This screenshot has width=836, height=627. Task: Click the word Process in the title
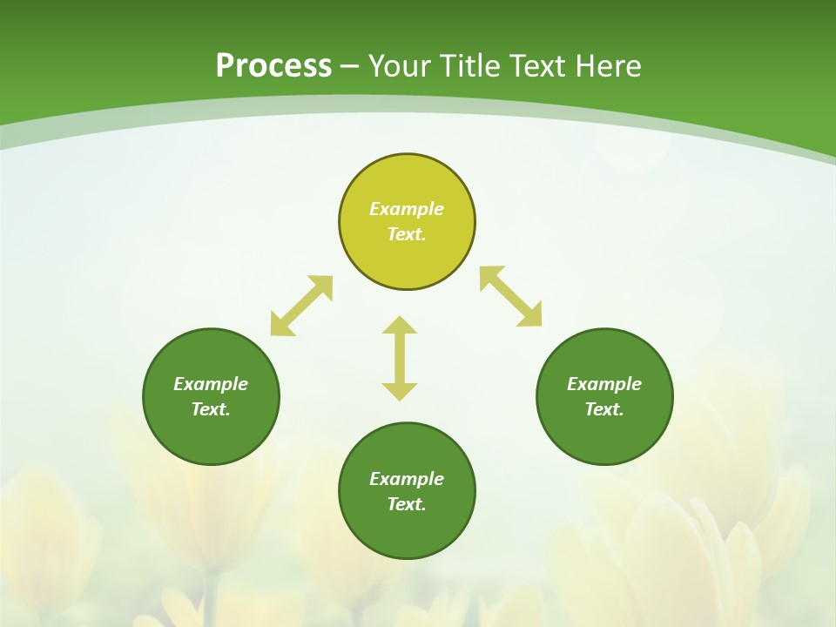click(273, 66)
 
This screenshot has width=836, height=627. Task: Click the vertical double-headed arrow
click(400, 358)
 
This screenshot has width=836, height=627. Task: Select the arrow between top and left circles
click(301, 306)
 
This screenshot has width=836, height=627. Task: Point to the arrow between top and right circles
click(510, 296)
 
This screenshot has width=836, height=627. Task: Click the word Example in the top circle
click(407, 209)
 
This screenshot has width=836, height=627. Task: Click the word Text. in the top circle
click(407, 234)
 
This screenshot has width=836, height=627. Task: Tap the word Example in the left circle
click(211, 384)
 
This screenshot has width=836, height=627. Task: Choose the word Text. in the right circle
click(604, 409)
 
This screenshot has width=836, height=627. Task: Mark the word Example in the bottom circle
click(407, 479)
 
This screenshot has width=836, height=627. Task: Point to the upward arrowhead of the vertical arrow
click(400, 325)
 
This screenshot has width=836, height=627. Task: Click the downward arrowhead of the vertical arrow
click(400, 391)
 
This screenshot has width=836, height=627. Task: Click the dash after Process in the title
click(350, 67)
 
